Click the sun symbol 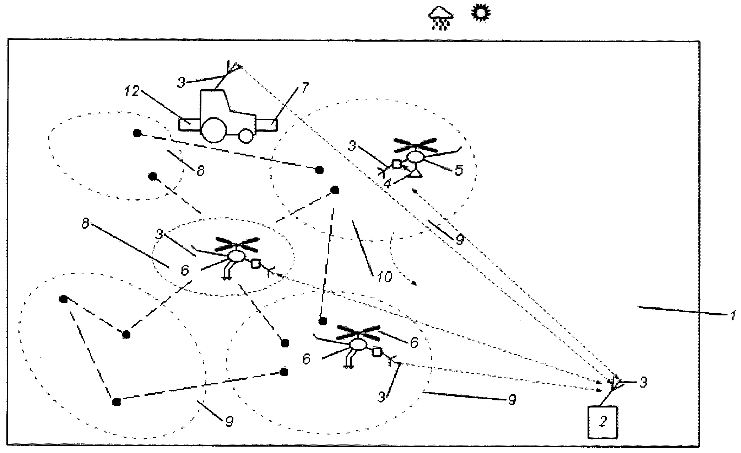pos(481,13)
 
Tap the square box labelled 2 pos(603,422)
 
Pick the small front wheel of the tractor pos(246,135)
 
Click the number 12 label pos(132,92)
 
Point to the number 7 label pos(305,87)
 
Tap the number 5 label pos(459,170)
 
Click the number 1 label pos(732,315)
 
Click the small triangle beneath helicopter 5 pos(416,174)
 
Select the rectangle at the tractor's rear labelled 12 pos(190,125)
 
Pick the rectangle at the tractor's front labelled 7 pos(266,126)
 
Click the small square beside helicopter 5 pos(396,164)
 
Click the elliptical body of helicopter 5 pos(415,157)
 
